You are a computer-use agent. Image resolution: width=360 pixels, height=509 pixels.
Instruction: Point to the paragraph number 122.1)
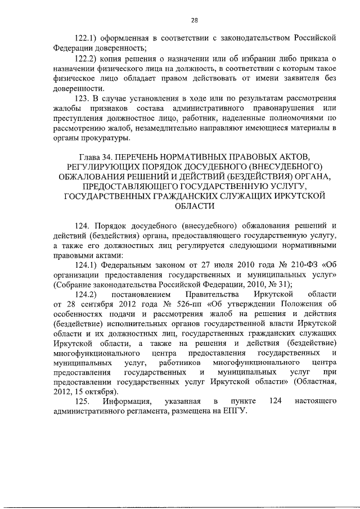(88, 38)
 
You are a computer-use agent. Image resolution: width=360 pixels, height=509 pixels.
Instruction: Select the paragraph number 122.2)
(88, 58)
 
